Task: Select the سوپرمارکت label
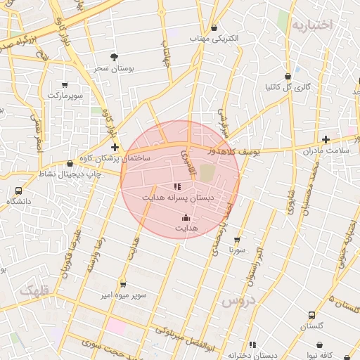click(x=65, y=94)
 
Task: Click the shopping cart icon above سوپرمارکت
click(x=65, y=84)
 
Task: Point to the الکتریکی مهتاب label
click(x=215, y=37)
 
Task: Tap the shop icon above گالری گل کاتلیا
click(x=287, y=77)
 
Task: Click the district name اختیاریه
click(x=310, y=25)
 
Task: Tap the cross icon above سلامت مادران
click(x=326, y=140)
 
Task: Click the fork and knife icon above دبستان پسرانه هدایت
click(x=177, y=187)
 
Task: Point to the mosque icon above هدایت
click(x=186, y=218)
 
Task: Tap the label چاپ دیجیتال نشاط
click(x=69, y=174)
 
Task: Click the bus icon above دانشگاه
click(x=18, y=191)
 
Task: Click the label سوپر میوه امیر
click(x=123, y=295)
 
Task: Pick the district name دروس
click(x=237, y=302)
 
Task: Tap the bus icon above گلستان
click(x=311, y=316)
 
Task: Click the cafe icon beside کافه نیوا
click(x=321, y=345)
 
